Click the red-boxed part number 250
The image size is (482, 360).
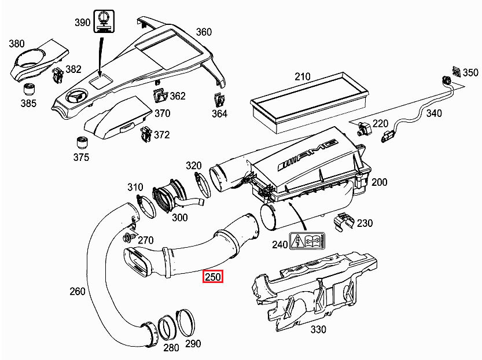(x=212, y=277)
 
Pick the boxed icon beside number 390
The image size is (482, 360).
(x=104, y=22)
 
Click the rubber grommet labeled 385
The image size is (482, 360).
(x=28, y=90)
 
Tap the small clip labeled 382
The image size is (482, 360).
(x=58, y=75)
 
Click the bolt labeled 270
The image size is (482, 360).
(x=128, y=237)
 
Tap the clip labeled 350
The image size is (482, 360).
(x=455, y=72)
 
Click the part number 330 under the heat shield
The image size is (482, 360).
(x=318, y=329)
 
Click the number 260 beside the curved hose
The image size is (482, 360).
(x=78, y=291)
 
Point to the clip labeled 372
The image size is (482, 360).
(x=145, y=135)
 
